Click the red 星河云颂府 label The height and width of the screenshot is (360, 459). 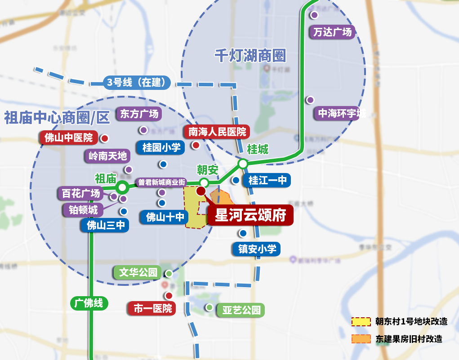(250, 215)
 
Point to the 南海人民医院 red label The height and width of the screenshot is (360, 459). (218, 132)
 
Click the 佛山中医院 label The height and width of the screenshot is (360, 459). (69, 138)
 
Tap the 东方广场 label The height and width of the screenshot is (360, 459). (139, 114)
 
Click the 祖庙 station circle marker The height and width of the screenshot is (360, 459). (122, 187)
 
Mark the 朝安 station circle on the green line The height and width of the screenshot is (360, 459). (204, 182)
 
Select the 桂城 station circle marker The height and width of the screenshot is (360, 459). (243, 164)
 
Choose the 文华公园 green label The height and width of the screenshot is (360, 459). (138, 272)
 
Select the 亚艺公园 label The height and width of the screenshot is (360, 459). (241, 310)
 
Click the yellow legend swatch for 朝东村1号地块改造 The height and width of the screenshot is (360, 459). (361, 321)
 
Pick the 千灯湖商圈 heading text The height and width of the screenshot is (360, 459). (250, 56)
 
